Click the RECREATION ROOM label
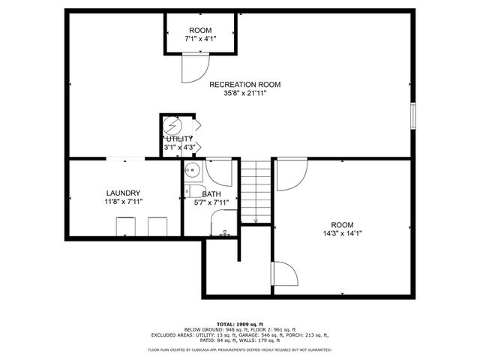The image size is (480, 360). coord(244,84)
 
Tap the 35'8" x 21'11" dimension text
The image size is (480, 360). coord(244,94)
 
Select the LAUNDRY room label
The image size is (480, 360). coord(123,193)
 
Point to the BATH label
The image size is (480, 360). coord(211,193)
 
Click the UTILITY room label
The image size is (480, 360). coord(179,139)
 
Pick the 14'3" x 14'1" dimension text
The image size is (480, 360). coord(342,234)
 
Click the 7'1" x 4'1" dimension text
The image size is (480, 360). coord(200,38)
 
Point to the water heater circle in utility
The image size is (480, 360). coord(172,124)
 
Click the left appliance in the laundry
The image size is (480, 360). coord(124,226)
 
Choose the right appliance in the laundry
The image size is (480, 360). coord(157,226)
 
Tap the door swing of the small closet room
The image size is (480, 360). coord(192,70)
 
